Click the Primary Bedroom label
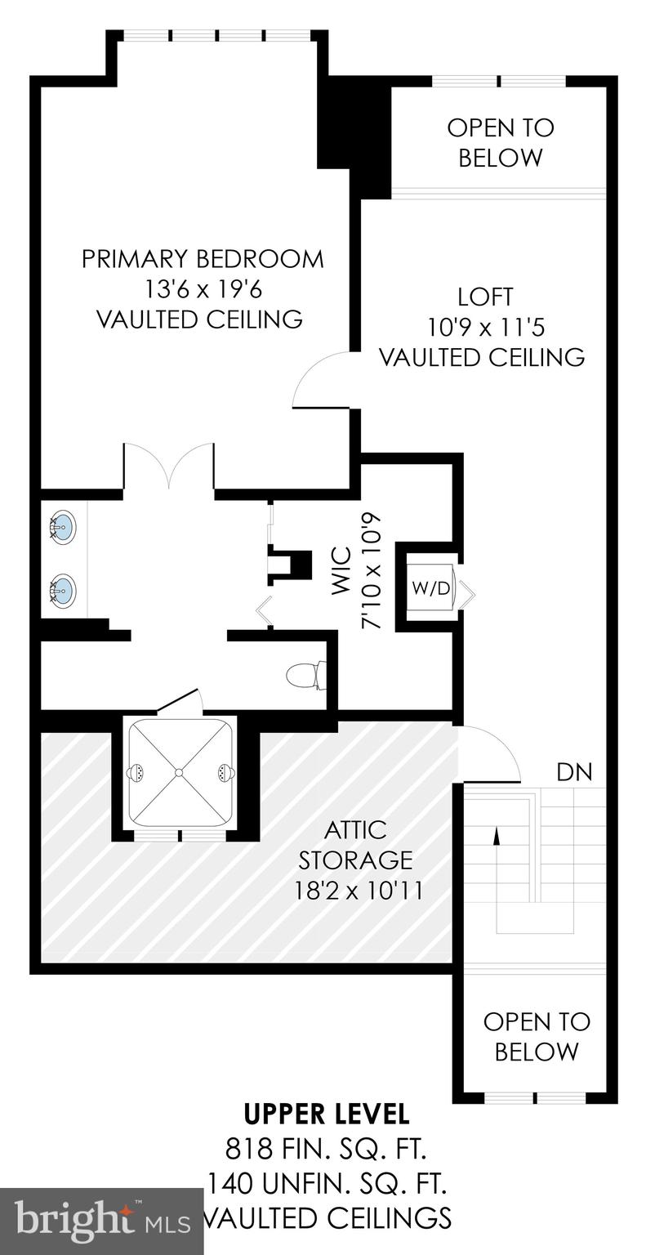(x=202, y=259)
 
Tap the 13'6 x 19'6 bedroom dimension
(x=202, y=289)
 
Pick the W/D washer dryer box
(x=430, y=588)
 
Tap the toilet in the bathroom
(x=305, y=676)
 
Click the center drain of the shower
(x=180, y=771)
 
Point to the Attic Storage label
(x=355, y=845)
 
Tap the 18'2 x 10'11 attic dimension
(x=359, y=889)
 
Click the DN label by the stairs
(x=574, y=771)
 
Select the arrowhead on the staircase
(x=495, y=835)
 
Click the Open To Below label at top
(x=500, y=142)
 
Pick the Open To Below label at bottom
(x=536, y=1036)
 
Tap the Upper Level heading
(x=327, y=1113)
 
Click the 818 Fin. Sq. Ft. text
(x=327, y=1149)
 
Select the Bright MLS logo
(x=101, y=1222)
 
